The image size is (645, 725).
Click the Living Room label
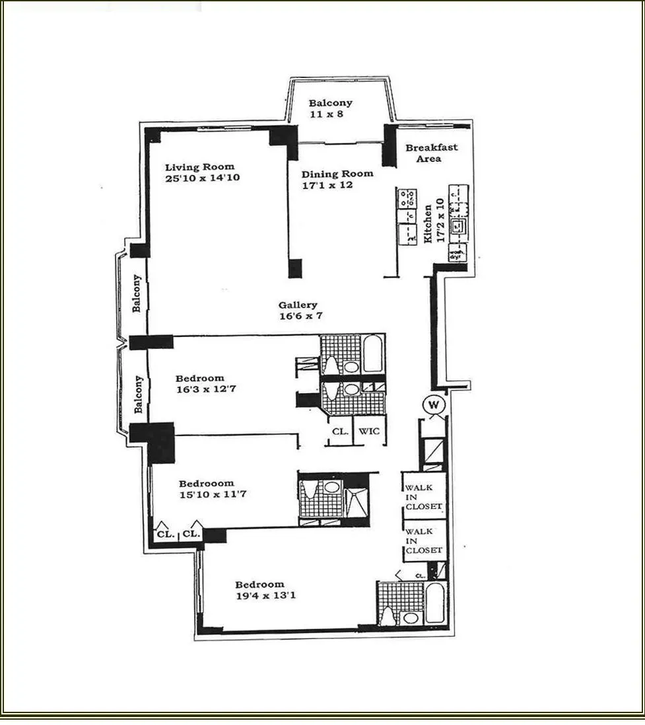pyautogui.click(x=199, y=167)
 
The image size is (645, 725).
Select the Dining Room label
pyautogui.click(x=337, y=174)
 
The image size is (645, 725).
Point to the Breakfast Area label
pyautogui.click(x=431, y=153)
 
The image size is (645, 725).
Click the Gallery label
pyautogui.click(x=297, y=305)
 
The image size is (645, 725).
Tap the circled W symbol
pyautogui.click(x=435, y=404)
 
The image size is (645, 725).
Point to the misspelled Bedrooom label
pyautogui.click(x=206, y=483)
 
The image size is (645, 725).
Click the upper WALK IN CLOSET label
pyautogui.click(x=423, y=497)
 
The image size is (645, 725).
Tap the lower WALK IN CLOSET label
pyautogui.click(x=423, y=541)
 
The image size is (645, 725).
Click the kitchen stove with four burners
pyautogui.click(x=406, y=196)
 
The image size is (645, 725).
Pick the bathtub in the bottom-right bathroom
pyautogui.click(x=436, y=604)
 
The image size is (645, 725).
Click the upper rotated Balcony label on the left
pyautogui.click(x=137, y=293)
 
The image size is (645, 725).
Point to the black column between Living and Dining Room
pyautogui.click(x=294, y=268)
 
